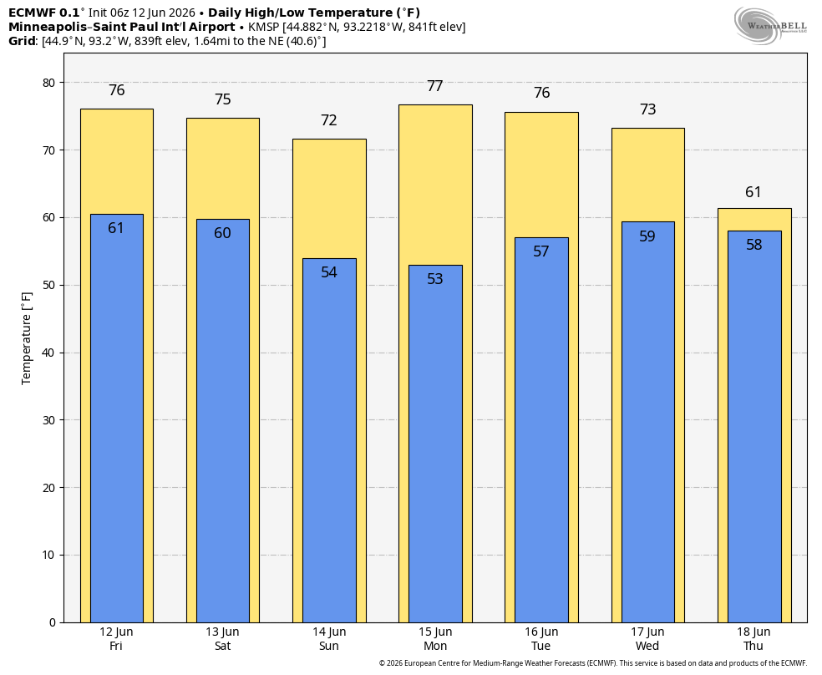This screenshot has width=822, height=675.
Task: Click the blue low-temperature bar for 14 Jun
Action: tap(329, 440)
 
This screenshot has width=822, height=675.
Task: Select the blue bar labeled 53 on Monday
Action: tap(435, 444)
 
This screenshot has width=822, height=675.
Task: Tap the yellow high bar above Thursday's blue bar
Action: tap(754, 219)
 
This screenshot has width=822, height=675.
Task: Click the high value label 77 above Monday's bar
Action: tap(435, 86)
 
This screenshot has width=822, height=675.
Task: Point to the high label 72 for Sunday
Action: tap(328, 120)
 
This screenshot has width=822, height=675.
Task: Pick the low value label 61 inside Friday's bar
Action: tap(116, 228)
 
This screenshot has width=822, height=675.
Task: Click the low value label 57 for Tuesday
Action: tap(541, 251)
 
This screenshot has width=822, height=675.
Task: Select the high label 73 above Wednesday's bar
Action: tap(648, 109)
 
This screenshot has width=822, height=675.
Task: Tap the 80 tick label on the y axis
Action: tap(48, 83)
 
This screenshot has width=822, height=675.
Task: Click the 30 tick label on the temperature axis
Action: tap(48, 420)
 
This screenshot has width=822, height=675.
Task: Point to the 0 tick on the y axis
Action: tap(52, 622)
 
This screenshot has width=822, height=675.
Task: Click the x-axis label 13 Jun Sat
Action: tap(222, 639)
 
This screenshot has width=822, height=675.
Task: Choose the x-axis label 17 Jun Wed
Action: tap(647, 639)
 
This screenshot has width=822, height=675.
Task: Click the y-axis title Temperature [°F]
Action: tap(26, 338)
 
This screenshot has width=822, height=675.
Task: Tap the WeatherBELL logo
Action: tap(770, 26)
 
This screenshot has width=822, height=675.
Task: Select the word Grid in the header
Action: tap(23, 41)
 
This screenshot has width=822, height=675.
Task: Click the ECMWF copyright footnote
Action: tap(593, 663)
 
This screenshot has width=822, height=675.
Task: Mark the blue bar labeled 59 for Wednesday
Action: tap(648, 423)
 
